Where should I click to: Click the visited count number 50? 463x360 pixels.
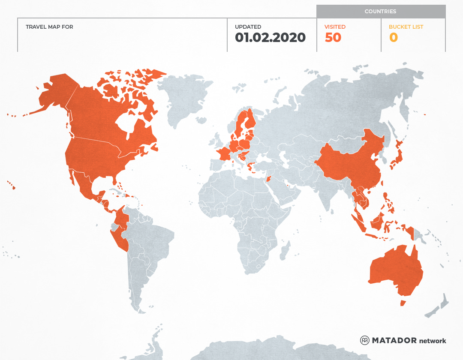[333, 38]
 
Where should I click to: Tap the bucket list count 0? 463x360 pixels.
[393, 38]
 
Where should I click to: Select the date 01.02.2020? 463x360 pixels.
[270, 38]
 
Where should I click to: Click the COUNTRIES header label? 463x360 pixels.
[380, 12]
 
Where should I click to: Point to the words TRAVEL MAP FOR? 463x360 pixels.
[49, 27]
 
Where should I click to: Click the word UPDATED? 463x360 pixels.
[248, 27]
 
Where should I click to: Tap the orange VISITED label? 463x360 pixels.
[335, 27]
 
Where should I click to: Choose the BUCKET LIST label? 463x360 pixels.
[406, 27]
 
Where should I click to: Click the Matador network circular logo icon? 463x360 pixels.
[365, 340]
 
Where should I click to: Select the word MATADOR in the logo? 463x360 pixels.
[394, 340]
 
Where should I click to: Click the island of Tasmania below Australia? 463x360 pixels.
[403, 303]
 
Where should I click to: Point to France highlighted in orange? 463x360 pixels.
[224, 153]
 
